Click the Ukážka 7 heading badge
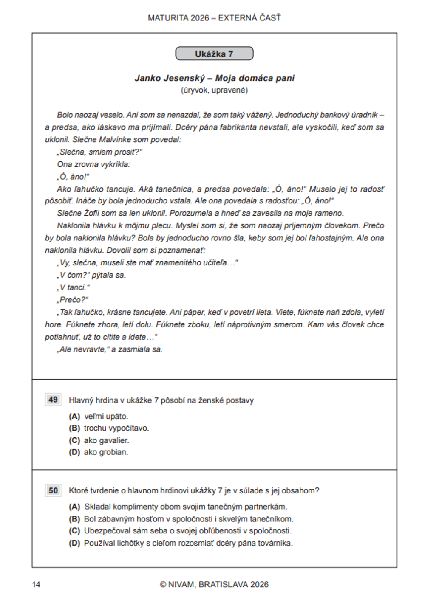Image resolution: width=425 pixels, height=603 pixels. (214, 54)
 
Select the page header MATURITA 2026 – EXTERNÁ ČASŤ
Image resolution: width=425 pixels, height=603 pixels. (214, 18)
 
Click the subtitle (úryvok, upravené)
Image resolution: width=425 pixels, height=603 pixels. (214, 90)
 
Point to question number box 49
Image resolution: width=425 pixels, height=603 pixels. (53, 400)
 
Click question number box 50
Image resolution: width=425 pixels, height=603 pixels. (53, 490)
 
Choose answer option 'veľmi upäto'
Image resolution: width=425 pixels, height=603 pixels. (106, 416)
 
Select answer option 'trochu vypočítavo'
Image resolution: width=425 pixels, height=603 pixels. (116, 428)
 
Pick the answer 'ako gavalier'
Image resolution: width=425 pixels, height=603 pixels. (106, 440)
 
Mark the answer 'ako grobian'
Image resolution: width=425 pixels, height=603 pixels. (106, 452)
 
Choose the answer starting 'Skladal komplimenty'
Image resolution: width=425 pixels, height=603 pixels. (185, 507)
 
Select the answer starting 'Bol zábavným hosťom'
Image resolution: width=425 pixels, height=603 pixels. (188, 519)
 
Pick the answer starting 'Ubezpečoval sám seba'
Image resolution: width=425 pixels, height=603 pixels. (187, 531)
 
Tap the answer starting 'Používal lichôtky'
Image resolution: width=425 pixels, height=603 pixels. (188, 543)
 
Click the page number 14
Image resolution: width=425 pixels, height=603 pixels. (36, 585)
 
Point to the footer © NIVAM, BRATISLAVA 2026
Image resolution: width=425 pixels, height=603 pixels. (214, 585)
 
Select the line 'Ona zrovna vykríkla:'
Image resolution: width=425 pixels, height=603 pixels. (93, 164)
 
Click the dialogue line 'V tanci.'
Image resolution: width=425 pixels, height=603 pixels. (73, 287)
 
